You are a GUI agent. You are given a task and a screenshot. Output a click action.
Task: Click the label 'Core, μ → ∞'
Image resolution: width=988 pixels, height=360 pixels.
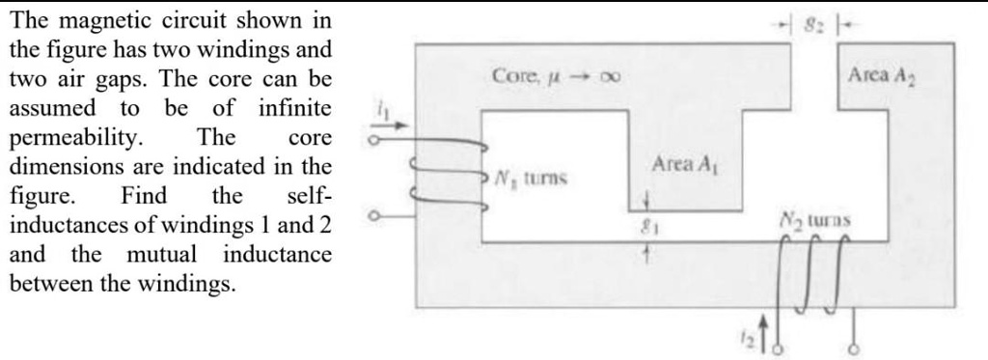[555, 74]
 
